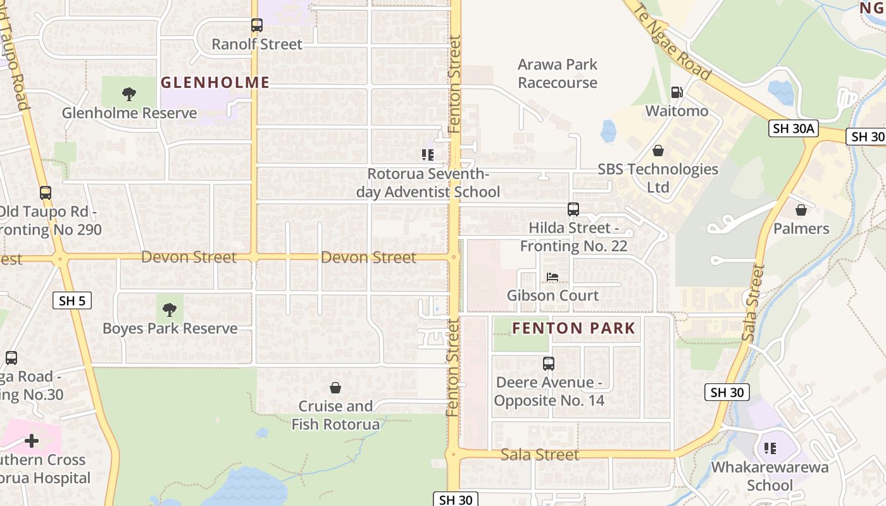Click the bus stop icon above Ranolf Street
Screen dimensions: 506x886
pos(256,25)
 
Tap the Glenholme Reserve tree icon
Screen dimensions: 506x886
pos(129,94)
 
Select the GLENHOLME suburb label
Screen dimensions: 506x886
pos(215,82)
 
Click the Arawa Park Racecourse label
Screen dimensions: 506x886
pos(558,73)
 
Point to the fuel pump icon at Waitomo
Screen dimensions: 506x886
pos(677,92)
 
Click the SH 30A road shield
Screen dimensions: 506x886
pos(794,129)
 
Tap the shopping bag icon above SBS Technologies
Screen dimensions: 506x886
pos(658,151)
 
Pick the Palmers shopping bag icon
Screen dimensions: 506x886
pos(801,210)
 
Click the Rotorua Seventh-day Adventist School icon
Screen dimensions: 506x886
pos(428,154)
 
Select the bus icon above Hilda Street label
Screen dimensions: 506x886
pos(573,209)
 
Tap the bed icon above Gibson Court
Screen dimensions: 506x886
pos(552,277)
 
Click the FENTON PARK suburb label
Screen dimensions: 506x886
pos(573,328)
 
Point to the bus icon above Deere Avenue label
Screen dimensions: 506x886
pos(549,364)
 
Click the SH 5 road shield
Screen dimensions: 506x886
pos(72,301)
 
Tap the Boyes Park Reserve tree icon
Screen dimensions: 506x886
pos(169,310)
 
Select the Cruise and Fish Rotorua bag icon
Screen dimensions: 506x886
pos(335,388)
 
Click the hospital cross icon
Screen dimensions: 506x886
pos(32,441)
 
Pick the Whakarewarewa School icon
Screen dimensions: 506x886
pos(770,448)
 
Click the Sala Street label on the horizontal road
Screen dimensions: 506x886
pos(540,455)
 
